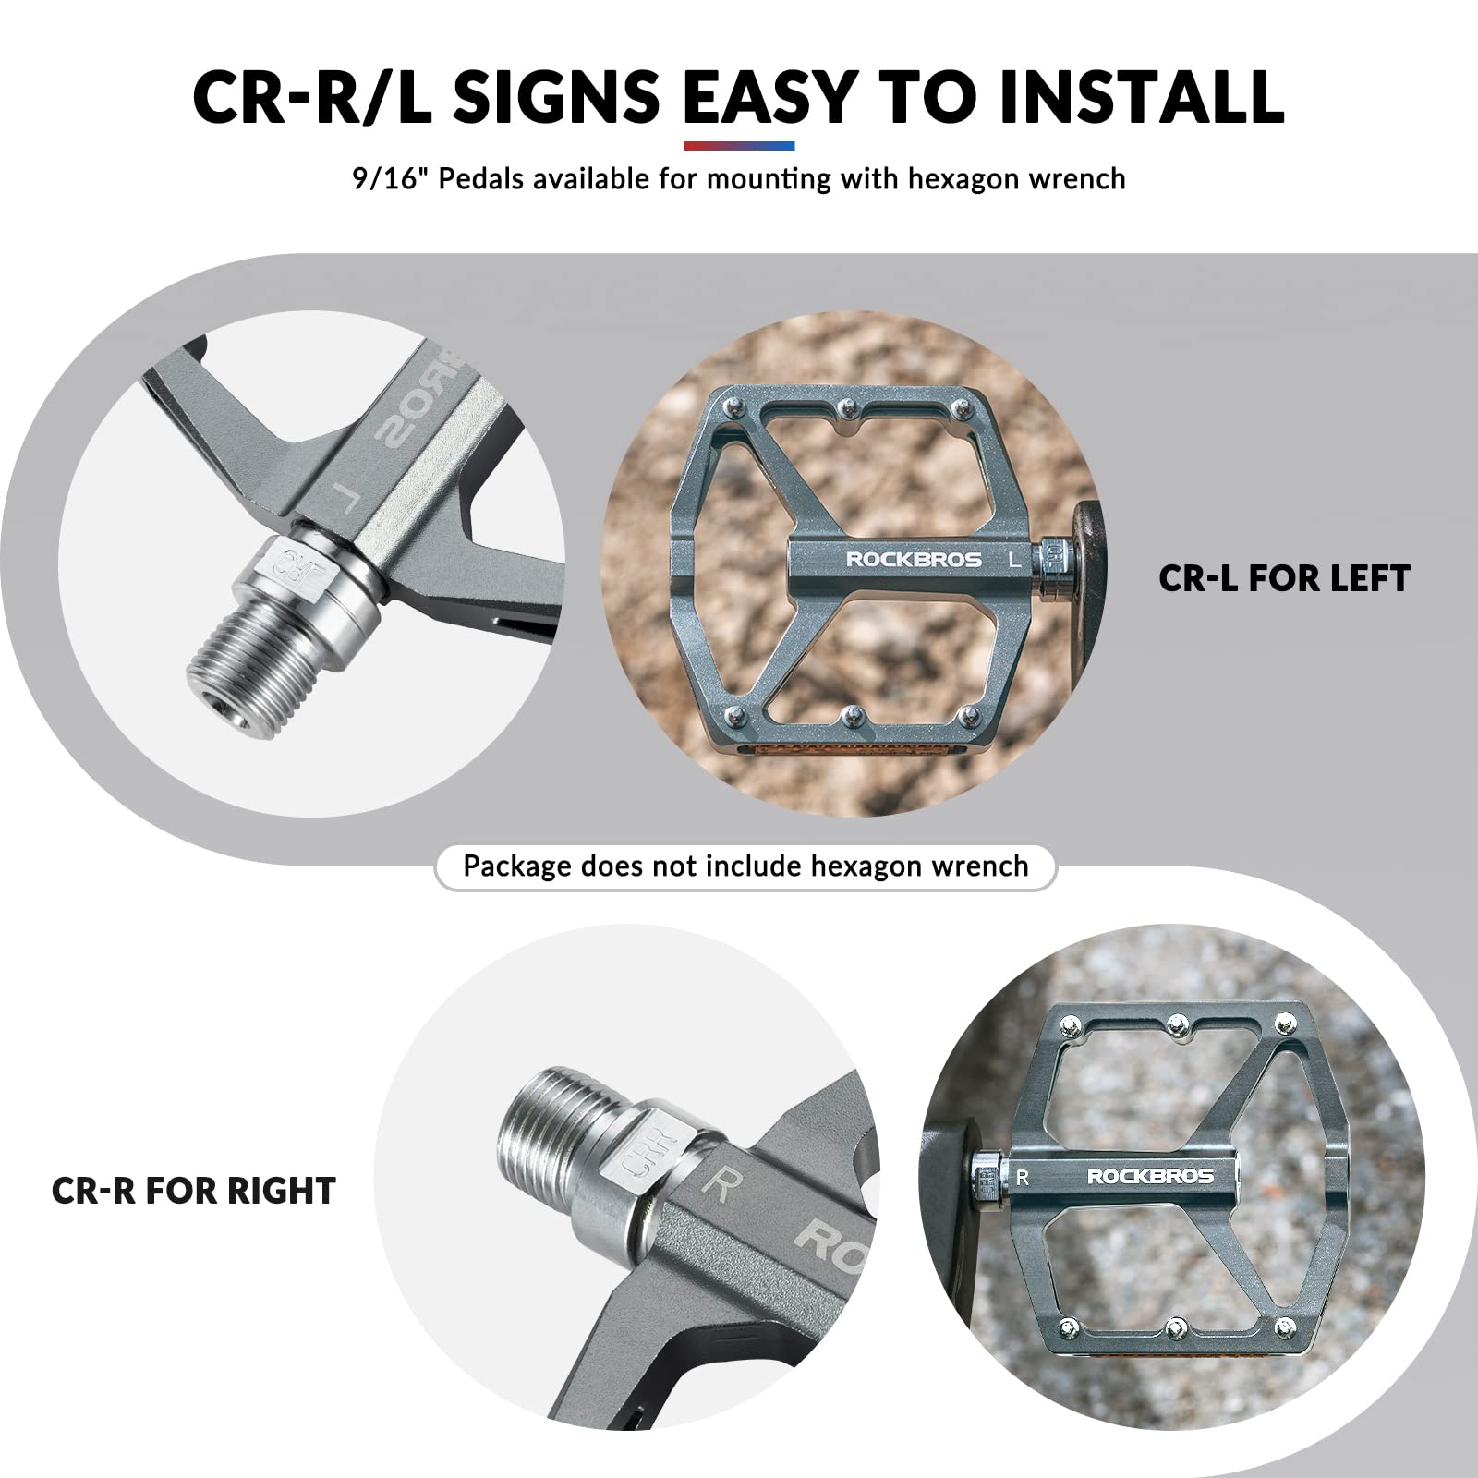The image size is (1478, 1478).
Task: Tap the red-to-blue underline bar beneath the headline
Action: click(x=739, y=146)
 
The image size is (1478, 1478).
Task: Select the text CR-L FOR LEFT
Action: click(x=1284, y=578)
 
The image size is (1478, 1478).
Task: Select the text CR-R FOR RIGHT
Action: click(x=193, y=1191)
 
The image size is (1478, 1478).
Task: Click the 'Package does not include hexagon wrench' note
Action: click(x=745, y=866)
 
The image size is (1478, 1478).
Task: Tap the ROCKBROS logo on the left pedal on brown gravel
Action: click(x=914, y=559)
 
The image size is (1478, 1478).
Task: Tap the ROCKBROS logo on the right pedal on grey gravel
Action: click(x=1150, y=1176)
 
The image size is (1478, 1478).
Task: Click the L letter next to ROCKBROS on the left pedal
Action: click(x=1014, y=559)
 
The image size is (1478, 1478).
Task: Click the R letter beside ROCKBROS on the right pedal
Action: click(x=1022, y=1177)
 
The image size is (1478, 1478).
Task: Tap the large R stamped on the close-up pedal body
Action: click(x=719, y=1183)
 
